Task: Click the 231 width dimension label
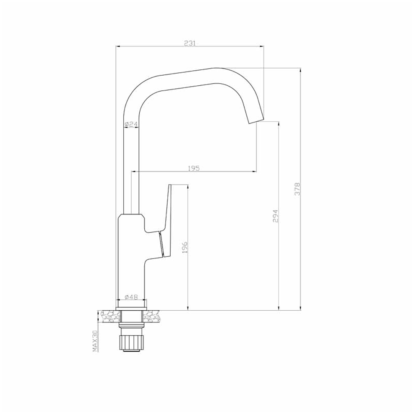[x=189, y=43]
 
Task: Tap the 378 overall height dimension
[x=298, y=189]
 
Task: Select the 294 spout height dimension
[x=276, y=216]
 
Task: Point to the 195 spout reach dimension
[x=194, y=168]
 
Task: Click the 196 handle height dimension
[x=184, y=247]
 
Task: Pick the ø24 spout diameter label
[x=131, y=124]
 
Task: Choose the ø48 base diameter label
[x=131, y=297]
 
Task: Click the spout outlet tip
[x=256, y=120]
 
